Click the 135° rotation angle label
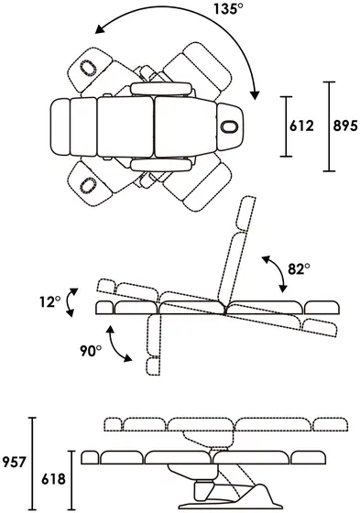point(228,8)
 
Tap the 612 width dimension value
point(301,126)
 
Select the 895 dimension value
point(345,126)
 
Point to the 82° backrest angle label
point(299,269)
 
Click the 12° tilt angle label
point(50,302)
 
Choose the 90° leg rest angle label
point(91,351)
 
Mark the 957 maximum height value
point(14,463)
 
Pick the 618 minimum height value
point(53,479)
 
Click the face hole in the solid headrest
point(230,126)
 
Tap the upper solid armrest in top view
point(161,89)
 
